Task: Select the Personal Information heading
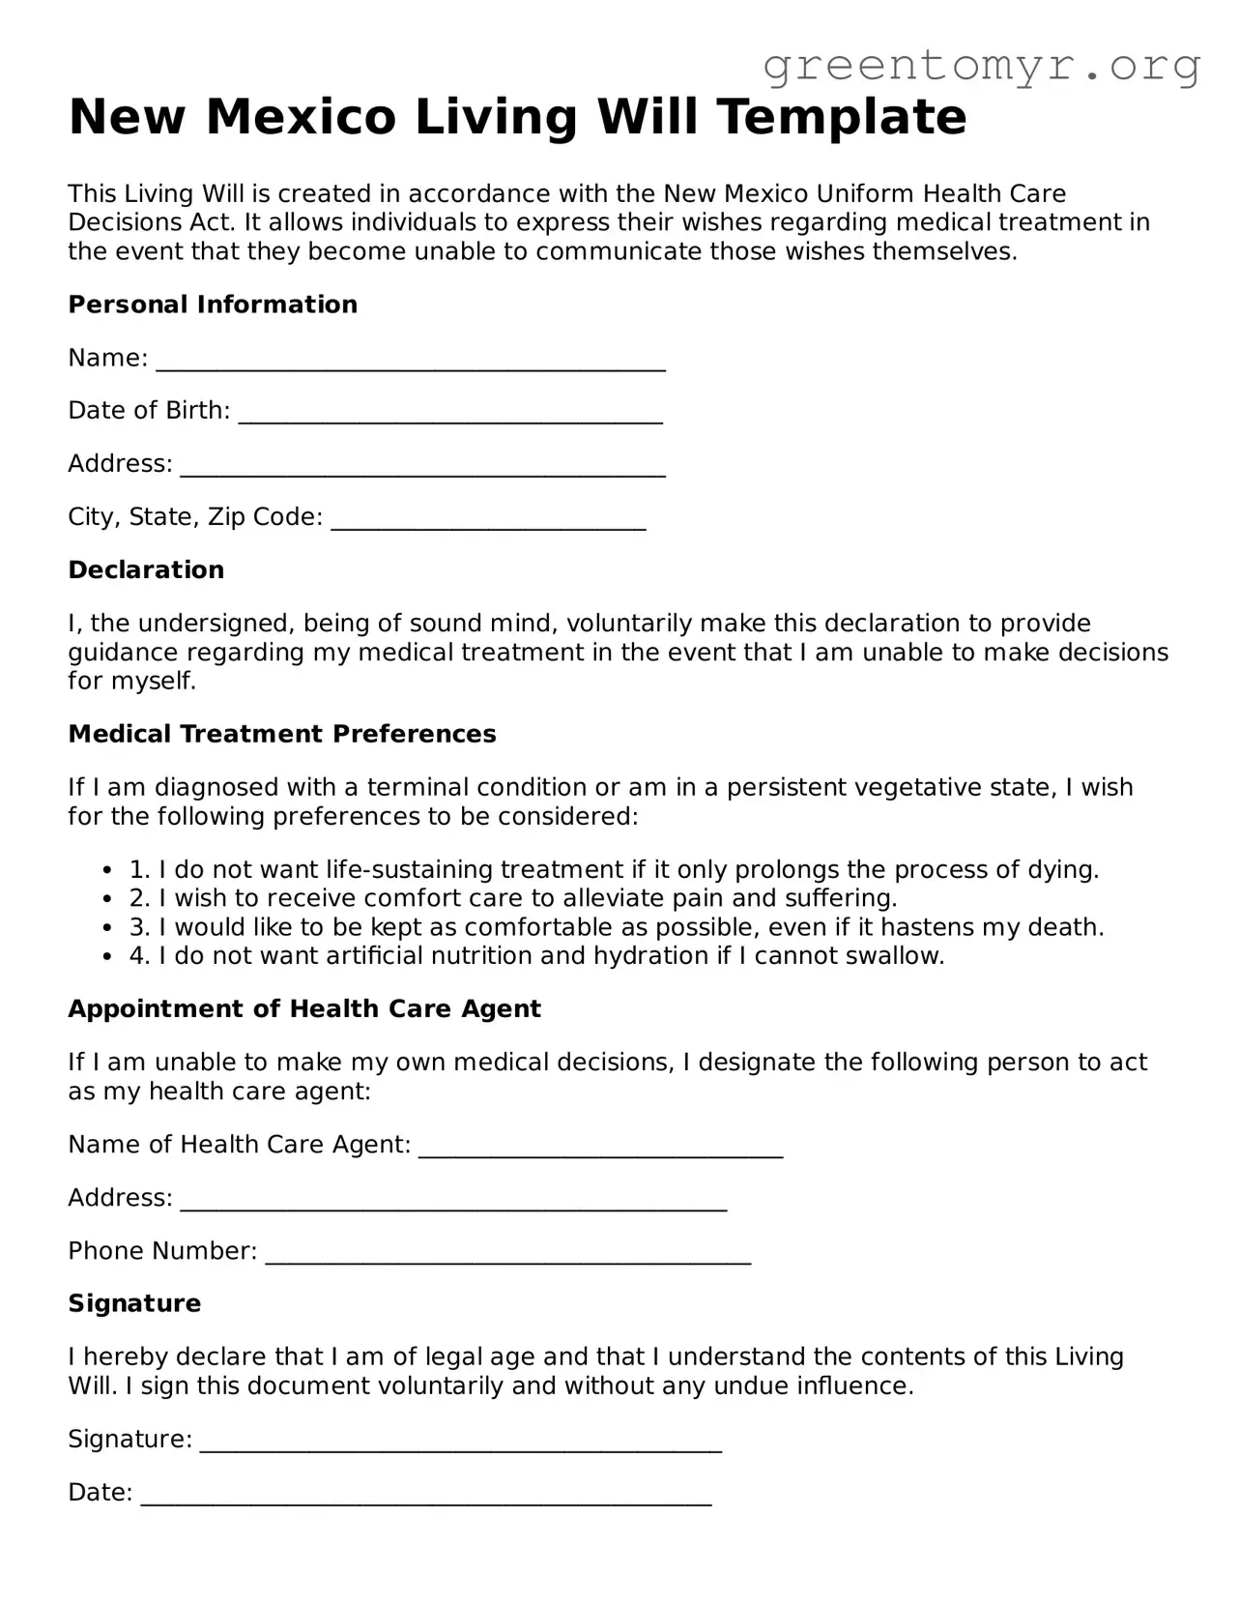pos(213,305)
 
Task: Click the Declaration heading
pos(146,570)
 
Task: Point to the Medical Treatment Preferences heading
pos(282,735)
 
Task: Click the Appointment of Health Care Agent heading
pos(304,1009)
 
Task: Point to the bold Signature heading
pos(134,1304)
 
